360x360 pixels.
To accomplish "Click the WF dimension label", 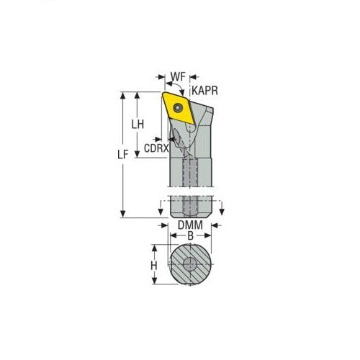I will pyautogui.click(x=179, y=75).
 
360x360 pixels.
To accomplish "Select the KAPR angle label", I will pyautogui.click(x=204, y=90).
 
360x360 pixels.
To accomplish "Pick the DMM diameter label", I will pyautogui.click(x=189, y=226).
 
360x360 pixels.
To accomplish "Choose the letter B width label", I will pyautogui.click(x=189, y=235).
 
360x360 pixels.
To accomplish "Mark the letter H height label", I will pyautogui.click(x=153, y=266).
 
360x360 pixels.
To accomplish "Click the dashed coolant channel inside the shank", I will pyautogui.click(x=190, y=180).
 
